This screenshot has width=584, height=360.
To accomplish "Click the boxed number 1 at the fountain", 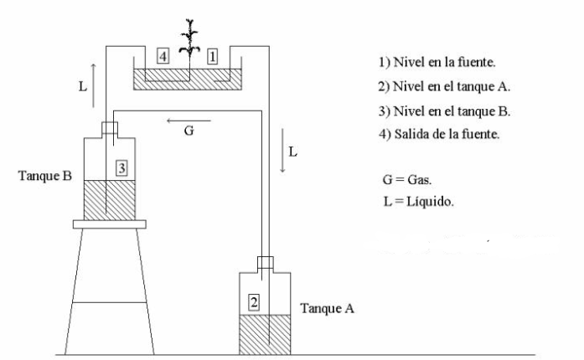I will point(213,55).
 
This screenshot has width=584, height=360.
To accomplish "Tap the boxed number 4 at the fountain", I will point(163,55).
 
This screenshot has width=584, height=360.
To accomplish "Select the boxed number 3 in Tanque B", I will point(121,168).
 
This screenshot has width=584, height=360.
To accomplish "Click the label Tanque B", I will point(45,177).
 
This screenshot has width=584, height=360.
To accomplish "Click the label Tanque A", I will point(327,308).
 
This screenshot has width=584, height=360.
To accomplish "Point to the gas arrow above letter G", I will point(189,121).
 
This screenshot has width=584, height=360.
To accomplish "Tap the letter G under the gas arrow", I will point(189,132).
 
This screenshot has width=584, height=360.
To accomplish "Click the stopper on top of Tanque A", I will point(265,262).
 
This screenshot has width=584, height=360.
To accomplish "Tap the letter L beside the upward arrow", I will point(82,85).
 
